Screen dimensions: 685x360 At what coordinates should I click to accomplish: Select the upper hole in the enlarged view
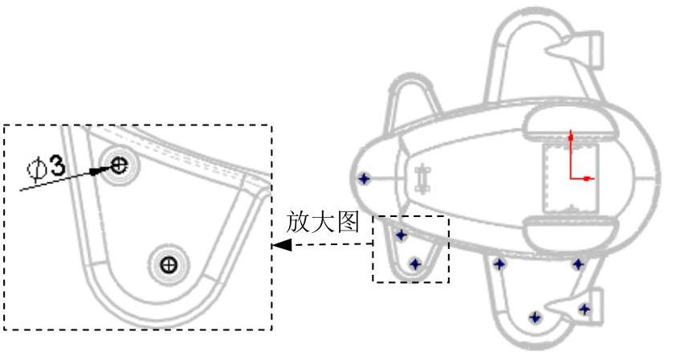point(119,166)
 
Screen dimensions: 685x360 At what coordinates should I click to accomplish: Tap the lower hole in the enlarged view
point(169,263)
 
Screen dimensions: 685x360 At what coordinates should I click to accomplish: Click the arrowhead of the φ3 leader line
point(98,170)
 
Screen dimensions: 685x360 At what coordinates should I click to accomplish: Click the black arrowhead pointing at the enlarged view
point(280,245)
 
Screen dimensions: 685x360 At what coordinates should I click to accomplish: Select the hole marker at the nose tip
point(364,178)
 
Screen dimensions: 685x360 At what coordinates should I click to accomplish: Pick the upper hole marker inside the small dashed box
point(401,235)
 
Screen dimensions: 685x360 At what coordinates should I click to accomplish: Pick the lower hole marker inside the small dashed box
point(415,263)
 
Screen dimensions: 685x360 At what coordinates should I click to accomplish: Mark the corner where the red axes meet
point(570,178)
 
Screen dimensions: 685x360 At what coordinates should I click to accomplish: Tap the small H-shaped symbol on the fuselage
point(425,175)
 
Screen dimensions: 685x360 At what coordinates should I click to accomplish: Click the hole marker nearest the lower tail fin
point(584,308)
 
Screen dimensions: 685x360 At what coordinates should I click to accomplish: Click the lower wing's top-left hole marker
point(499,264)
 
